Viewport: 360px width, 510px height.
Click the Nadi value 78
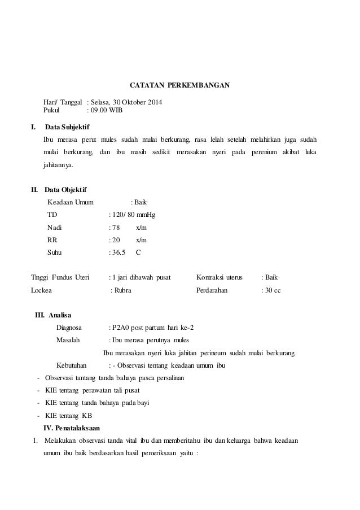tap(116, 228)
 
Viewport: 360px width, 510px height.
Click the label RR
tap(52, 240)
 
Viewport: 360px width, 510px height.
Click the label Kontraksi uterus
tap(219, 277)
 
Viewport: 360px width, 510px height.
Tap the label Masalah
tap(68, 340)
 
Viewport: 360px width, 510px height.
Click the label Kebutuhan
tap(72, 365)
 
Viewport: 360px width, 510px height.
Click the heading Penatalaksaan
tap(76, 427)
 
